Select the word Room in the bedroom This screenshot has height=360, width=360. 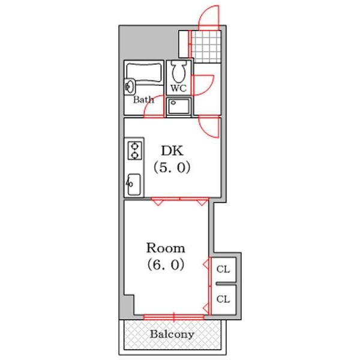[x=166, y=247]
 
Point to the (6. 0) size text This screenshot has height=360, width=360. [x=164, y=264]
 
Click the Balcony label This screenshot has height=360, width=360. [x=172, y=334]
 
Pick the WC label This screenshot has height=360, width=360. [x=179, y=88]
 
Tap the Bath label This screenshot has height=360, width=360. [x=143, y=100]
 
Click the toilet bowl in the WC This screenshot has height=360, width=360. [x=178, y=72]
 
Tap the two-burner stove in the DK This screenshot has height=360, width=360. [x=134, y=149]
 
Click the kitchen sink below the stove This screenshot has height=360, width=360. [x=134, y=184]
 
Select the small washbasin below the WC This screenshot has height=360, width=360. [x=179, y=107]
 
